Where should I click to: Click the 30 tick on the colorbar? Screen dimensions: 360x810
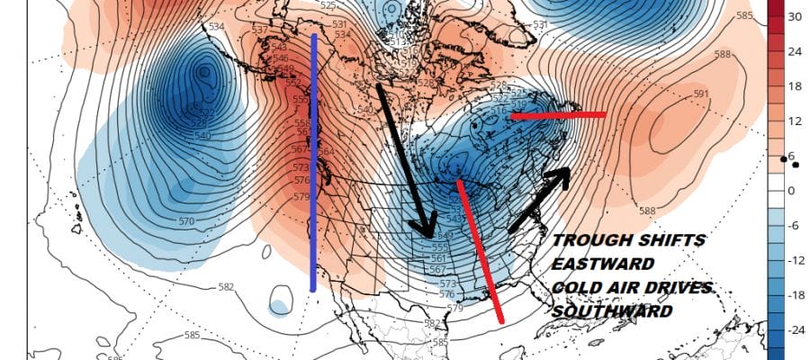click(x=795, y=16)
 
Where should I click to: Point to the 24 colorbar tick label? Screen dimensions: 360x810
click(x=795, y=50)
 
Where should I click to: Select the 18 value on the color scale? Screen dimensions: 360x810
click(x=795, y=85)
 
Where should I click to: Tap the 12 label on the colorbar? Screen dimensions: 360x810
click(x=795, y=121)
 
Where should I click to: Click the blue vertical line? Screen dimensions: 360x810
click(x=313, y=162)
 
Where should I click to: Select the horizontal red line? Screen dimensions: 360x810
click(x=557, y=115)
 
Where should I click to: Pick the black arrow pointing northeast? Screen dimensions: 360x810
click(x=540, y=198)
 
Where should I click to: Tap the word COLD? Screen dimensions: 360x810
click(x=575, y=287)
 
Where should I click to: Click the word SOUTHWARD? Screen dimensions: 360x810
click(x=613, y=310)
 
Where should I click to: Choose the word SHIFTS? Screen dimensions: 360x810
click(x=671, y=242)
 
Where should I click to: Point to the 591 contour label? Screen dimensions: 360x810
click(x=701, y=94)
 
